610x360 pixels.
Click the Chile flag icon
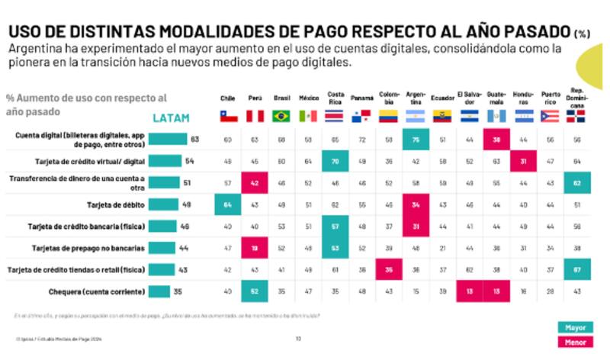(228, 116)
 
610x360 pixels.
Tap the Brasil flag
(281, 116)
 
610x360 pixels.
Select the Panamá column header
(362, 98)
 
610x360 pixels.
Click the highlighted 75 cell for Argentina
(416, 140)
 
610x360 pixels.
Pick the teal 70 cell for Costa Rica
(335, 162)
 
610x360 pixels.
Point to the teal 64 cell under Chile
(228, 204)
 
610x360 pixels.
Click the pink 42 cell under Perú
(255, 183)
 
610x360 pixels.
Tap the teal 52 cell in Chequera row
(255, 291)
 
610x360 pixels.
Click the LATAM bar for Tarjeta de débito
(164, 204)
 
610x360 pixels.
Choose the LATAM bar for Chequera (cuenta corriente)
(159, 291)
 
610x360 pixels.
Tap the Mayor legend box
(575, 327)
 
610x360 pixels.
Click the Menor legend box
(575, 342)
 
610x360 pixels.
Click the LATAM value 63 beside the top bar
(194, 140)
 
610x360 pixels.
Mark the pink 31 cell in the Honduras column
(522, 162)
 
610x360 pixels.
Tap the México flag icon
(308, 116)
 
